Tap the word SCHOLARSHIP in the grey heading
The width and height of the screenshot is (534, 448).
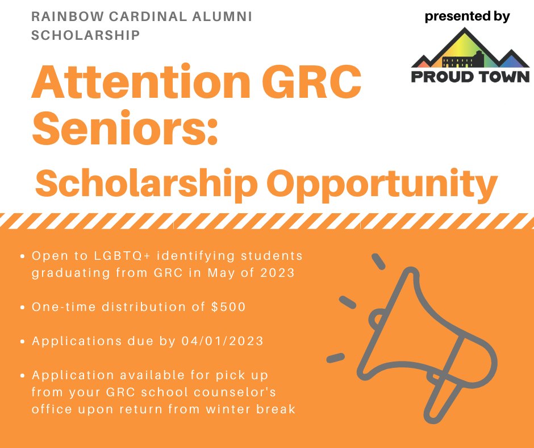tap(85, 35)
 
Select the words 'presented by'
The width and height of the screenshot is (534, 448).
tap(467, 16)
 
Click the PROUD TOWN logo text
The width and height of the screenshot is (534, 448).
tap(470, 76)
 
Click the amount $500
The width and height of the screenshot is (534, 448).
tap(228, 307)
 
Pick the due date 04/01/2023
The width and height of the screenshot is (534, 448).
tap(222, 341)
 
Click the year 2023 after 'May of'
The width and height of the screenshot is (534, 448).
tap(278, 273)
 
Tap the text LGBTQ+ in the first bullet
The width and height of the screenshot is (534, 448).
tap(122, 256)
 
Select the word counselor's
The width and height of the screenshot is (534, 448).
tap(235, 392)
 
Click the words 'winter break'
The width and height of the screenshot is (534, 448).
tap(251, 409)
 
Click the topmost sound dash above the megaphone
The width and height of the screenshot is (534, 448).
tap(378, 262)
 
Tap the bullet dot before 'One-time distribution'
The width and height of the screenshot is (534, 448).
tap(23, 307)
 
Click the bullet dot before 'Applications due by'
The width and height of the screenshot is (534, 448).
tap(23, 341)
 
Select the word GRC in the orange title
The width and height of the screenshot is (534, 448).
tap(311, 82)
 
